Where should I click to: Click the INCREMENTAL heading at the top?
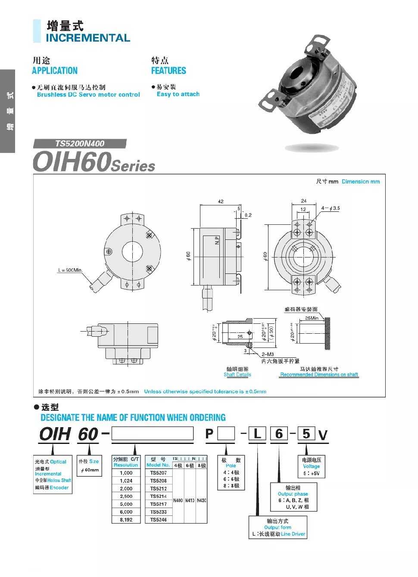point(88,38)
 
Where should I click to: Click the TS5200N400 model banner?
point(80,144)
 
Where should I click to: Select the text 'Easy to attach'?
point(178,94)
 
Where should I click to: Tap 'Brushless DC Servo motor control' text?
point(88,95)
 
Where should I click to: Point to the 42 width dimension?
point(221,202)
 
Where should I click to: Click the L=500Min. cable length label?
point(70,270)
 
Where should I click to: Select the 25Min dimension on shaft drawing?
point(312,318)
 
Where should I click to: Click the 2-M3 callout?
point(268,354)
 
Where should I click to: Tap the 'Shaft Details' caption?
point(237,375)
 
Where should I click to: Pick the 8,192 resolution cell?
point(126,520)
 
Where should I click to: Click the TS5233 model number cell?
point(159,512)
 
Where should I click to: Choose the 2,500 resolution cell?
point(126,496)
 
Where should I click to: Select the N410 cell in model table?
point(190,500)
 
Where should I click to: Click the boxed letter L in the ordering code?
point(258,434)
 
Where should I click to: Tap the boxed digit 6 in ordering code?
point(279,434)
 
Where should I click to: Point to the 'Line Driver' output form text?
point(293,534)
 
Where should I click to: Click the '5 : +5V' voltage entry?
point(312,473)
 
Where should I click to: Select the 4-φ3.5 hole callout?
point(331,208)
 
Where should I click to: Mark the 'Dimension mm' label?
point(361,182)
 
